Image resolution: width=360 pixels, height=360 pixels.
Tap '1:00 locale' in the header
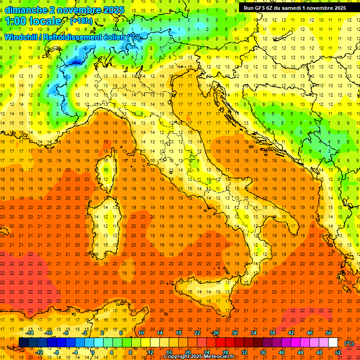[33, 21]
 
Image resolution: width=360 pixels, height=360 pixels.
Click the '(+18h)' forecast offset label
[80, 21]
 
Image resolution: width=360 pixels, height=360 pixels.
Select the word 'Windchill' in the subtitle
[22, 37]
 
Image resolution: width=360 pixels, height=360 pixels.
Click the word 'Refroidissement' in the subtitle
[73, 37]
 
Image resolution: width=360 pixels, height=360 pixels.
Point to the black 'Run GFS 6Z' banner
[295, 8]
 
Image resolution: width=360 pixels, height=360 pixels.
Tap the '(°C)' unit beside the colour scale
[349, 343]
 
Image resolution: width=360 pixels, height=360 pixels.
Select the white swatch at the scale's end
[333, 343]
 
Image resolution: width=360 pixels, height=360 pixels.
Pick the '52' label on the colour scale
[338, 352]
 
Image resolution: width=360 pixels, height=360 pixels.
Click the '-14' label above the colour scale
[30, 333]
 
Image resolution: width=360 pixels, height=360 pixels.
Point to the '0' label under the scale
[93, 352]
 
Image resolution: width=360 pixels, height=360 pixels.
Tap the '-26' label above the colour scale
[215, 333]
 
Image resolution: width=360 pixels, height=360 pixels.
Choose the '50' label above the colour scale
[328, 333]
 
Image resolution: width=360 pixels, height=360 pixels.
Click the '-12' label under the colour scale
[39, 352]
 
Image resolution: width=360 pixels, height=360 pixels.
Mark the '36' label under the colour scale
[262, 352]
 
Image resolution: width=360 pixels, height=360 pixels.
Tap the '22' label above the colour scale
[197, 333]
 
